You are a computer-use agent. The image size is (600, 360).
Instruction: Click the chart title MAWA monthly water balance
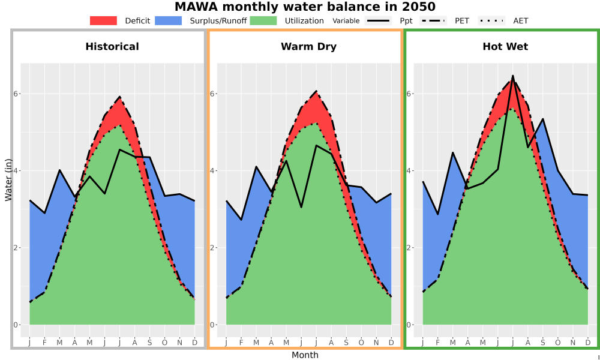(305, 7)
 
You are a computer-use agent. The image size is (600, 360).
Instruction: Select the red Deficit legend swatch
(103, 20)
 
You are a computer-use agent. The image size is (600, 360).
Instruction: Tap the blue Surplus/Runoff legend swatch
(169, 20)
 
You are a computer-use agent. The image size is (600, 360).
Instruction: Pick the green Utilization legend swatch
(263, 20)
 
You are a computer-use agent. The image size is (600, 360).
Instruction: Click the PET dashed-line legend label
(462, 20)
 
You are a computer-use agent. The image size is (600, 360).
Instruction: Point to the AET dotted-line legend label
(520, 20)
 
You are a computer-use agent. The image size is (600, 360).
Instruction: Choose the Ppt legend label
(406, 21)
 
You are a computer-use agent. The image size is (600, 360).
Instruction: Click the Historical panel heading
(112, 47)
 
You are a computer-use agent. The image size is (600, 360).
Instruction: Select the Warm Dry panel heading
(308, 47)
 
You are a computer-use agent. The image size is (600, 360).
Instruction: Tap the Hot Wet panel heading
(505, 47)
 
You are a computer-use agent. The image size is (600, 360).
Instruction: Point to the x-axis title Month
(305, 355)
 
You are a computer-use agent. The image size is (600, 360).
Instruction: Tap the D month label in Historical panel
(195, 343)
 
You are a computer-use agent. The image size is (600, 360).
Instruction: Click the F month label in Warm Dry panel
(241, 343)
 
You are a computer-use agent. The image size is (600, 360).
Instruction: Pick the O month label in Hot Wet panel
(557, 343)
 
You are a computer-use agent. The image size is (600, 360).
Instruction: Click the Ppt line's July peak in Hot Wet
(513, 76)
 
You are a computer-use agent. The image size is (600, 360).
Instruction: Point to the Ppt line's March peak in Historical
(59, 170)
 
